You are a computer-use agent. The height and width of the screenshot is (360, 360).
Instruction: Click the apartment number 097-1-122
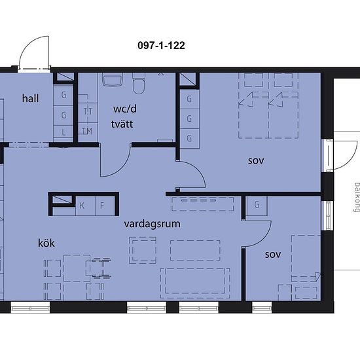click(x=161, y=45)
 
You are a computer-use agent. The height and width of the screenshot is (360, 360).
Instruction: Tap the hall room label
click(x=30, y=98)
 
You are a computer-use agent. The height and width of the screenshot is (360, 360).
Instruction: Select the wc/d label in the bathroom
click(x=125, y=109)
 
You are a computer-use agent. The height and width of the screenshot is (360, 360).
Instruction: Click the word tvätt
click(x=122, y=124)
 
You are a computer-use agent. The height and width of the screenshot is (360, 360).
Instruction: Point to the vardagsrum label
click(x=152, y=224)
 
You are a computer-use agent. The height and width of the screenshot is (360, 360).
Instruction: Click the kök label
click(x=46, y=243)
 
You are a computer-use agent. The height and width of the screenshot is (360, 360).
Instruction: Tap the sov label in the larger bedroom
click(x=256, y=161)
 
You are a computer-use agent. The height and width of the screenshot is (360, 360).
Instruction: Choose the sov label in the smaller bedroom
click(x=273, y=255)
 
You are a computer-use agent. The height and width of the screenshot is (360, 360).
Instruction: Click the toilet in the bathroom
click(x=139, y=83)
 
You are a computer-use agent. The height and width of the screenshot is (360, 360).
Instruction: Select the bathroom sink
click(x=113, y=80)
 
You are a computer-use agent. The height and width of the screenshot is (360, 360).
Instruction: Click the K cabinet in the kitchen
click(x=85, y=206)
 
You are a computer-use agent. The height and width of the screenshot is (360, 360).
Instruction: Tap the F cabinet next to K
click(x=105, y=206)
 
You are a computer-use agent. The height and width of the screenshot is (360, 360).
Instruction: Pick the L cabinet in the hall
click(x=63, y=132)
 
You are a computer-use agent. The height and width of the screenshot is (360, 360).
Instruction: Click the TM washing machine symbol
click(x=88, y=132)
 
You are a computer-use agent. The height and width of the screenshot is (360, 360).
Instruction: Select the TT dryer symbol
click(x=88, y=113)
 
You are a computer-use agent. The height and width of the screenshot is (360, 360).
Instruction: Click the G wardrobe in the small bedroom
click(x=257, y=205)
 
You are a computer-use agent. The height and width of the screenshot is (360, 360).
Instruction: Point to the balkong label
click(x=357, y=197)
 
